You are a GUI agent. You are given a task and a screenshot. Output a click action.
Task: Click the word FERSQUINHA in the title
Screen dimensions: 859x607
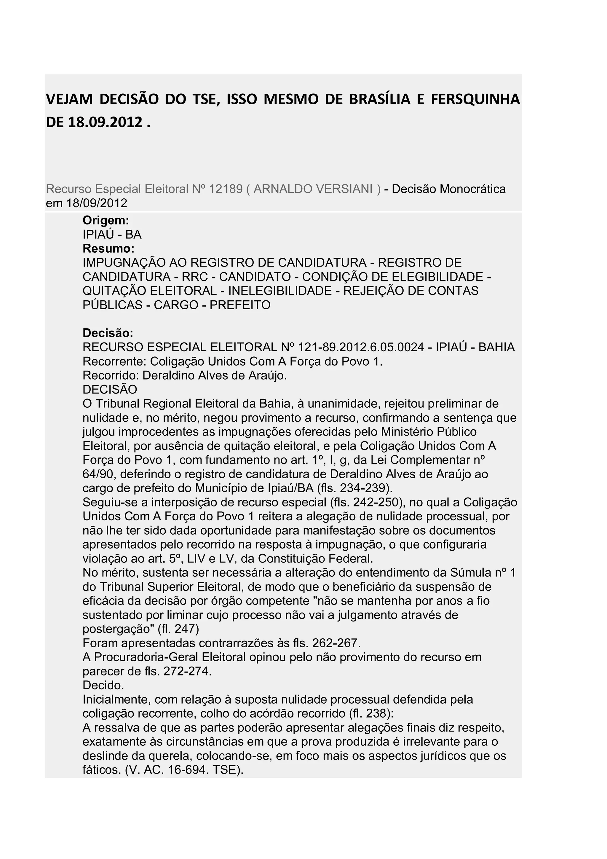tap(475, 100)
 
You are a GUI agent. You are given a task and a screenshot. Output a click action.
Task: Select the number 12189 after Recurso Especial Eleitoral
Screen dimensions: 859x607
tap(226, 189)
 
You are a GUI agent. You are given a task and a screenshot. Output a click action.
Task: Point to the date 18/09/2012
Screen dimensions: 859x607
tap(97, 203)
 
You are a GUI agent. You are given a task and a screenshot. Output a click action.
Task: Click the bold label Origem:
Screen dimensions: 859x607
tap(106, 220)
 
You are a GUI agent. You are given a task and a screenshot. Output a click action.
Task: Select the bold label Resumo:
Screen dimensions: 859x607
tap(108, 248)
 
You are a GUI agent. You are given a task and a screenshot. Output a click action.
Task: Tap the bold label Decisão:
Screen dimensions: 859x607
tap(108, 333)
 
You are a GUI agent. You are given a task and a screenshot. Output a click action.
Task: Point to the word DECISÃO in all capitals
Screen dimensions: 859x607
tap(110, 389)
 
